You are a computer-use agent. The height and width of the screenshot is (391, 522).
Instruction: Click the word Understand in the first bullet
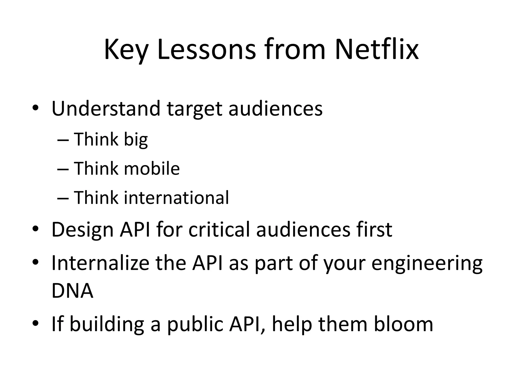pos(106,109)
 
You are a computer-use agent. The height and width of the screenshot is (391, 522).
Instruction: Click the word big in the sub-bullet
pos(136,140)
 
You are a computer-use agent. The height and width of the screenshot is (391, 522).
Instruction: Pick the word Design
pos(82,230)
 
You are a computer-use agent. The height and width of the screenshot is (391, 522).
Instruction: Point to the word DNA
pos(72,291)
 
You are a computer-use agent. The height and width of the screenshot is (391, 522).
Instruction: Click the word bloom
pos(403,324)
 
